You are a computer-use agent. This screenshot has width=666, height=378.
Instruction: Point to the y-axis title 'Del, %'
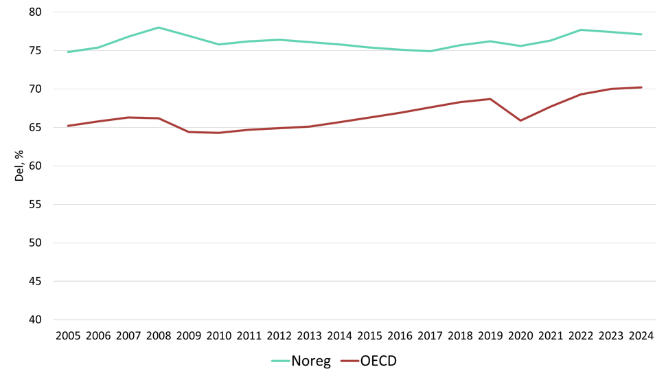click(20, 166)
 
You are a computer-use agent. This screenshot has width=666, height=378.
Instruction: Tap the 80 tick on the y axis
click(36, 12)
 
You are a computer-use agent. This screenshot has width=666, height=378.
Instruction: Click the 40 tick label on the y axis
click(36, 320)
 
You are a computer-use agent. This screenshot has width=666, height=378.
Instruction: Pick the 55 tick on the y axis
click(36, 205)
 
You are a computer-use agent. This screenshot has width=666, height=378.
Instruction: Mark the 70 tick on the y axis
click(36, 89)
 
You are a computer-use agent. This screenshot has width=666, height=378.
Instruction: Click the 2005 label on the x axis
click(68, 336)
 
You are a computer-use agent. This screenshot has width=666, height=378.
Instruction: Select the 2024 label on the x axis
click(641, 336)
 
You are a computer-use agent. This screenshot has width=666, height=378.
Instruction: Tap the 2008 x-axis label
click(159, 336)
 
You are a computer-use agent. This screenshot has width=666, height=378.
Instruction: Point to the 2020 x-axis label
click(520, 336)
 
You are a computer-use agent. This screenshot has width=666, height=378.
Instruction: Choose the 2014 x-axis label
click(339, 336)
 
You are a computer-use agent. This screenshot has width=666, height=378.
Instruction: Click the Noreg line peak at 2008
click(159, 27)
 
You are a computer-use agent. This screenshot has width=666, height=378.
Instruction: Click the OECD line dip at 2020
click(520, 120)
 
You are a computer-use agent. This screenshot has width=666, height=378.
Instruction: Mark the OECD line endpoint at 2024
click(641, 87)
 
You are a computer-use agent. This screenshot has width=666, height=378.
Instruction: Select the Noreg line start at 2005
click(68, 52)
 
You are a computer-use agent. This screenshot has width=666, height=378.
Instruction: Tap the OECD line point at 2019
click(490, 99)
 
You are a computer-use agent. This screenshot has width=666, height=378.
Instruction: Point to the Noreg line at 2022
click(581, 30)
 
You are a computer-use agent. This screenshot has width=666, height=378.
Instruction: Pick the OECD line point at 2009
click(189, 132)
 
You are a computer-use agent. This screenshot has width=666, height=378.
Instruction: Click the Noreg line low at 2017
click(430, 51)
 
